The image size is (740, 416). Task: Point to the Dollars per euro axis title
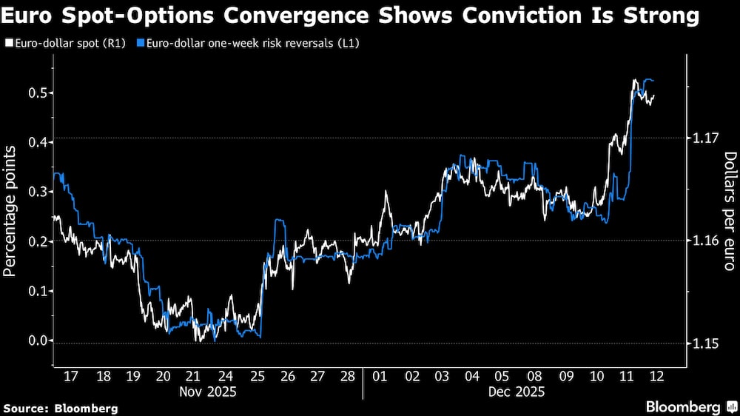pos(729,211)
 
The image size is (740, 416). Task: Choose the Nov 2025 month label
pos(208,391)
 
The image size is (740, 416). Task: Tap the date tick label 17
pos(70,376)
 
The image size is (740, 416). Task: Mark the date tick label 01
pos(380,376)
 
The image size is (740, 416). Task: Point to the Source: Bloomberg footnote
pos(61,408)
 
